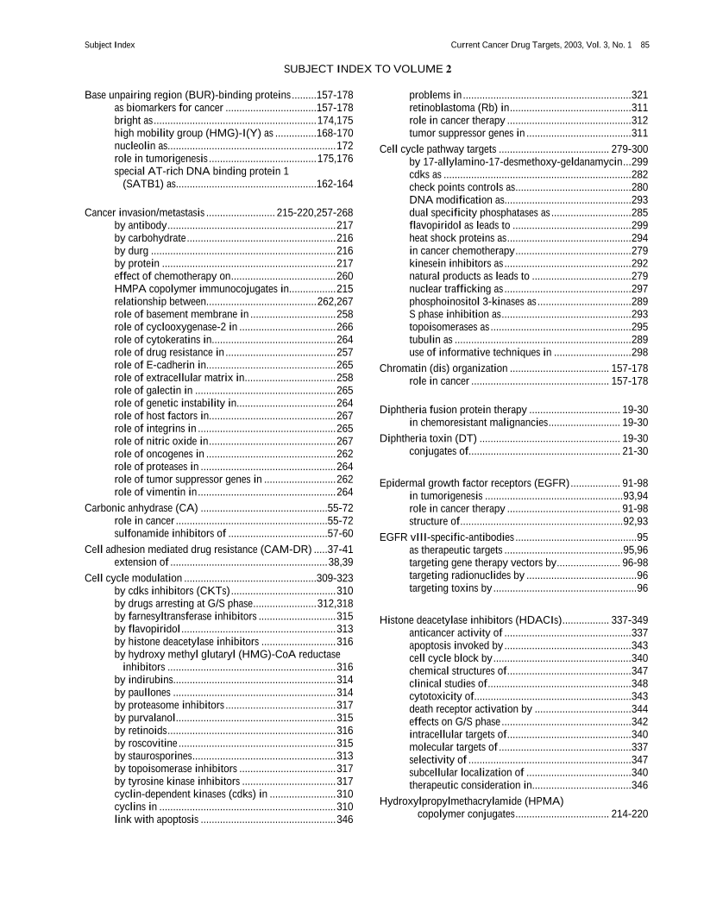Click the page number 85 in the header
pyautogui.click(x=644, y=44)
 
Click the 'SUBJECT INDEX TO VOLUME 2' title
pyautogui.click(x=368, y=68)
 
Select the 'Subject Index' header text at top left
pyautogui.click(x=110, y=44)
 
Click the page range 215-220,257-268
pyautogui.click(x=315, y=212)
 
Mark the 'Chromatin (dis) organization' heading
pyautogui.click(x=443, y=368)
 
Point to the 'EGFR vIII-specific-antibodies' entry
pyautogui.click(x=446, y=537)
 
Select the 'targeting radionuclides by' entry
pyautogui.click(x=466, y=575)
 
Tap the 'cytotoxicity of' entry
pyautogui.click(x=441, y=696)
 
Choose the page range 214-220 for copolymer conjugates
pyautogui.click(x=629, y=814)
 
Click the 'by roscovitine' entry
pyautogui.click(x=146, y=743)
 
